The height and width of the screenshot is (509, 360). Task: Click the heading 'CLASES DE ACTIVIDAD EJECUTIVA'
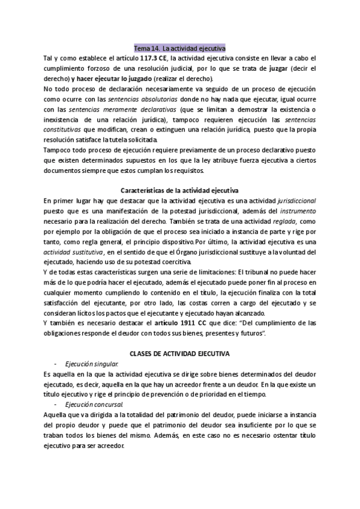pyautogui.click(x=180, y=355)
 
